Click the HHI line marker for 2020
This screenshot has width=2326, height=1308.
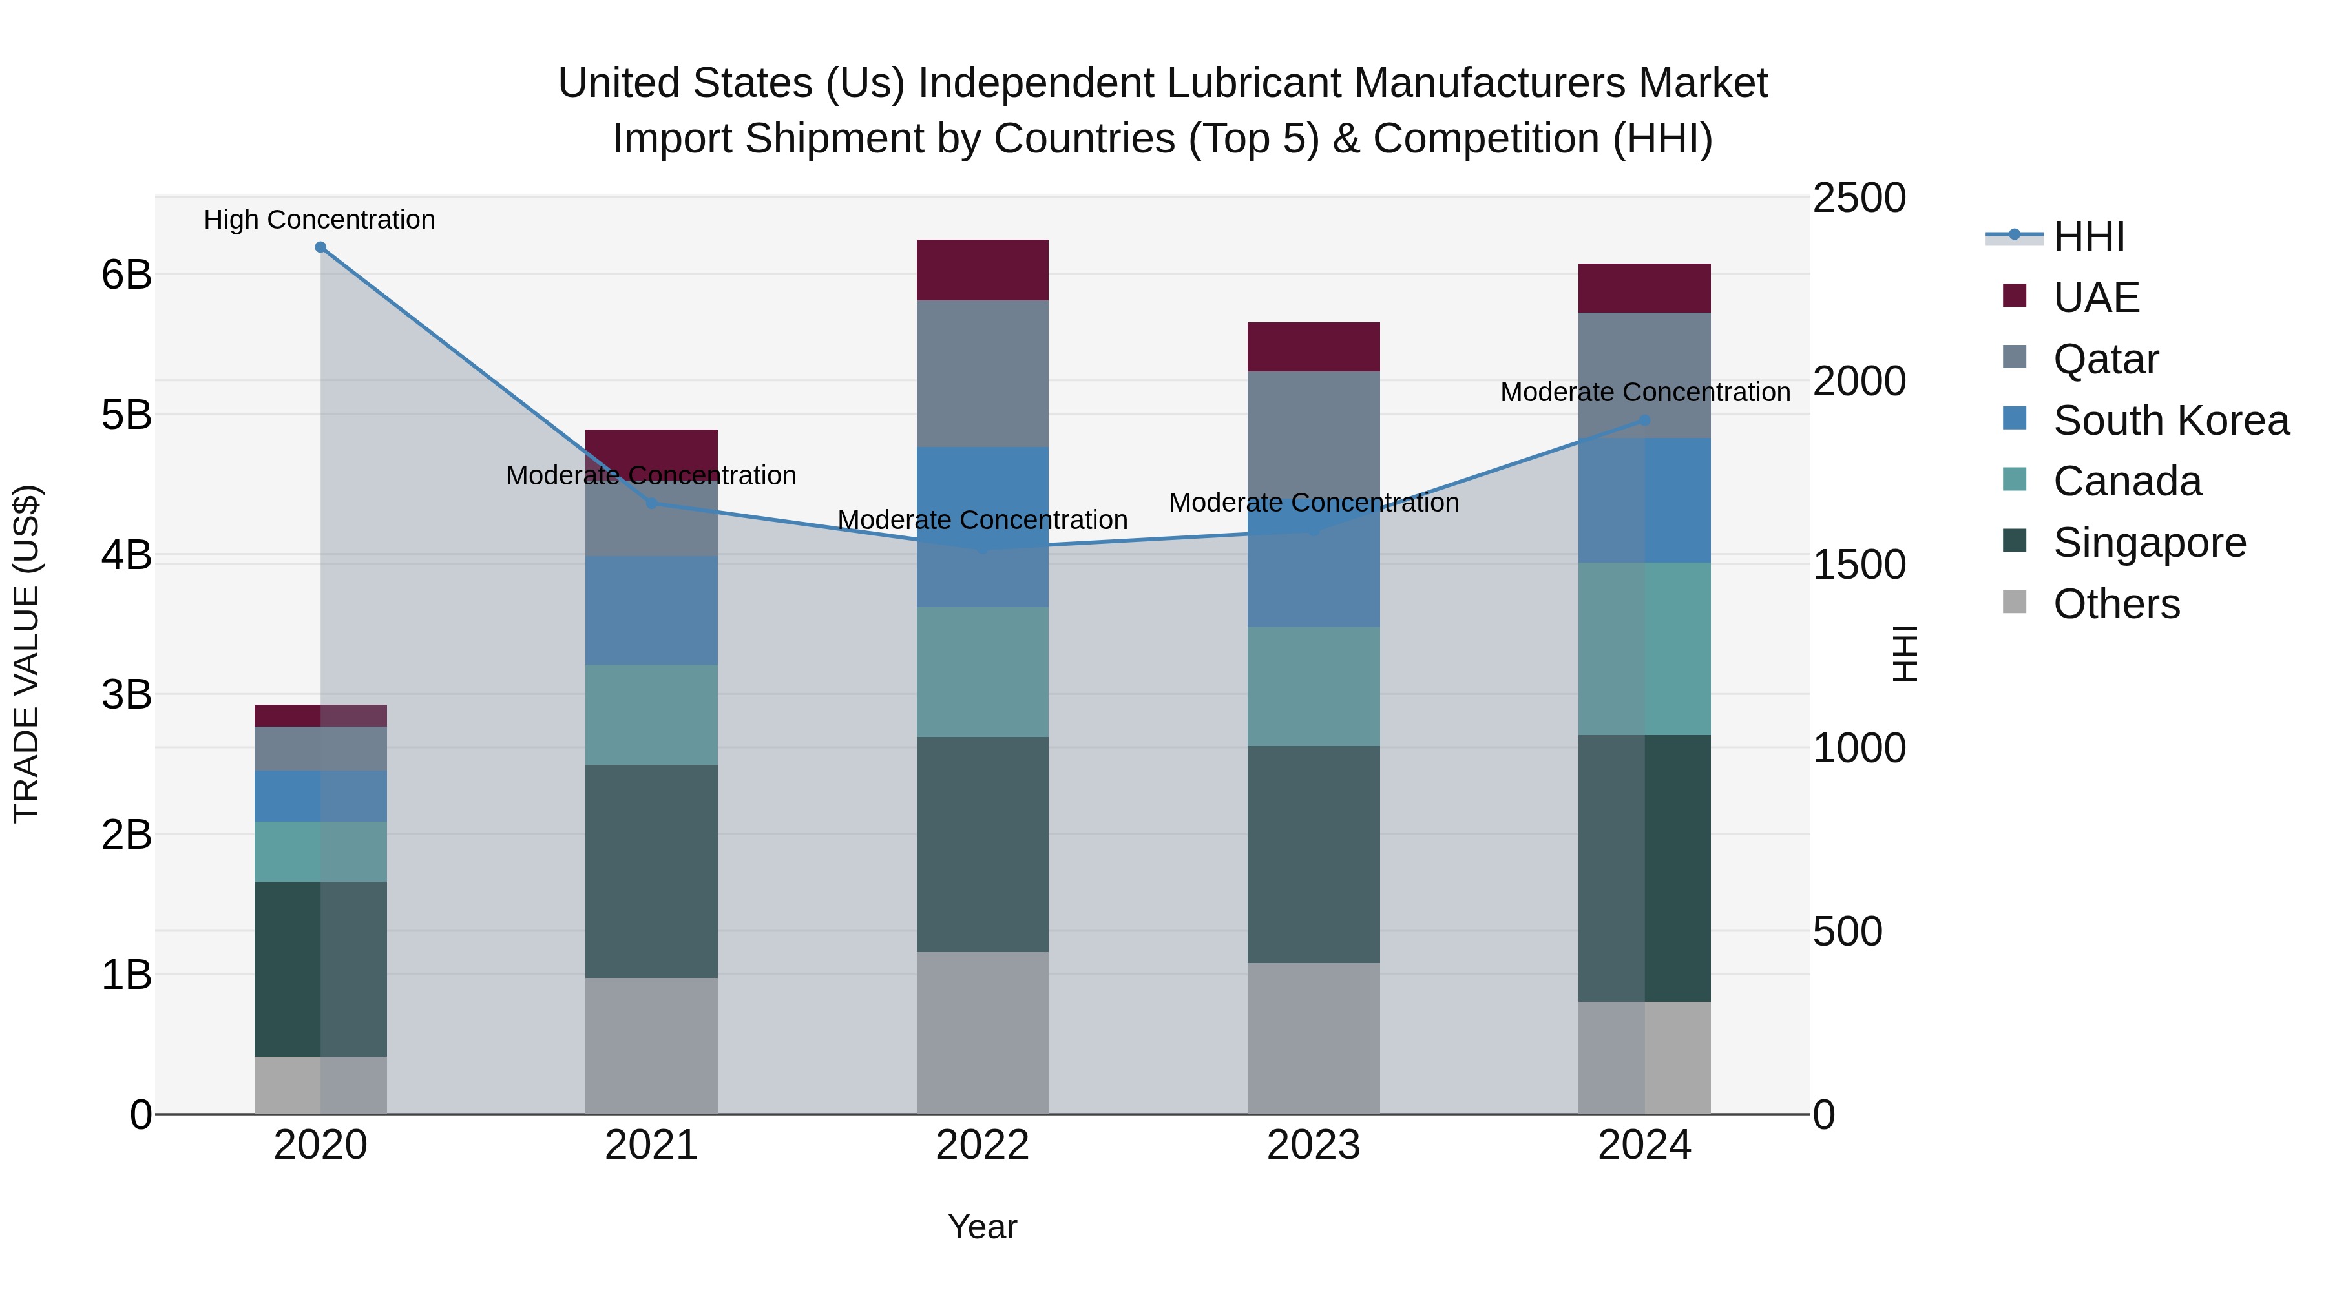pyautogui.click(x=320, y=247)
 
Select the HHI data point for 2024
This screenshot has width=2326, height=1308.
pyautogui.click(x=1644, y=420)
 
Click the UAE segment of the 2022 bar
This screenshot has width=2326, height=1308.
pyautogui.click(x=982, y=270)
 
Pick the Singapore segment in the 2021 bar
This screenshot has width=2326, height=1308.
pyautogui.click(x=651, y=871)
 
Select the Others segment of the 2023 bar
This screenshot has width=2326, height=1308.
pyautogui.click(x=1313, y=1038)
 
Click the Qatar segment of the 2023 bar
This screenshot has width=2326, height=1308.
pyautogui.click(x=1313, y=433)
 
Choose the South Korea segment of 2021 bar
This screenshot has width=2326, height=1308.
pyautogui.click(x=651, y=610)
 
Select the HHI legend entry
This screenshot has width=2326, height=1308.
pyautogui.click(x=2088, y=236)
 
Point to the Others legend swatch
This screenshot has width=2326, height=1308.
pyautogui.click(x=2015, y=602)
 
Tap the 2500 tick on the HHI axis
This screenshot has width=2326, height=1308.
pyautogui.click(x=1858, y=198)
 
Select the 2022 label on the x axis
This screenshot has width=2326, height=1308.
pyautogui.click(x=982, y=1145)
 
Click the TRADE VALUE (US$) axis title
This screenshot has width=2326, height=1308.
pyautogui.click(x=27, y=654)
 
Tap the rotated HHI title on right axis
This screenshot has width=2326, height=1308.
pyautogui.click(x=1905, y=654)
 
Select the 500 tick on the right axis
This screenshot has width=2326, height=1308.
pyautogui.click(x=1847, y=931)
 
